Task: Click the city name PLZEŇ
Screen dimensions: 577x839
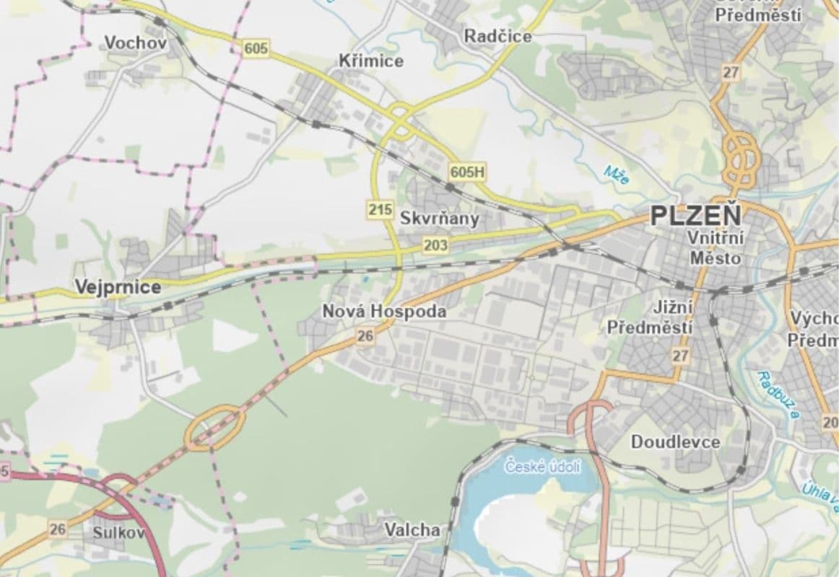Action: [x=695, y=216]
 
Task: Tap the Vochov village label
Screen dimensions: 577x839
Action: [x=136, y=43]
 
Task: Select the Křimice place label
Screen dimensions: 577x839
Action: [x=371, y=61]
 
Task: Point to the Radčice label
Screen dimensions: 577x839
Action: [x=497, y=36]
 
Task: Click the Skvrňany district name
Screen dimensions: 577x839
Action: [x=439, y=219]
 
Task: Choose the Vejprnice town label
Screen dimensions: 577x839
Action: [x=118, y=288]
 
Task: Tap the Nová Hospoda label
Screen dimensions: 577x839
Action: [x=383, y=312]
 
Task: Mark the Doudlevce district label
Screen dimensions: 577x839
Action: [x=675, y=441]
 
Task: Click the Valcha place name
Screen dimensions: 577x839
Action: [x=412, y=530]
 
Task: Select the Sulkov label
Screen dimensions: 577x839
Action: [x=118, y=533]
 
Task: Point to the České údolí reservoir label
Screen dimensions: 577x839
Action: [x=542, y=467]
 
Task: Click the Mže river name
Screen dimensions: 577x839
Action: [x=617, y=175]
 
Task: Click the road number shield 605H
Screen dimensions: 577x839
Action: [x=467, y=172]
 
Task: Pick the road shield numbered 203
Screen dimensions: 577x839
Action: [x=435, y=246]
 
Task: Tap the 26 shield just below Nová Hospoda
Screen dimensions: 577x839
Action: [x=365, y=335]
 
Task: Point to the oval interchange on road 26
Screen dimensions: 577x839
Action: [x=214, y=427]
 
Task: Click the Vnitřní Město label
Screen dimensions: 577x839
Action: [x=715, y=247]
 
